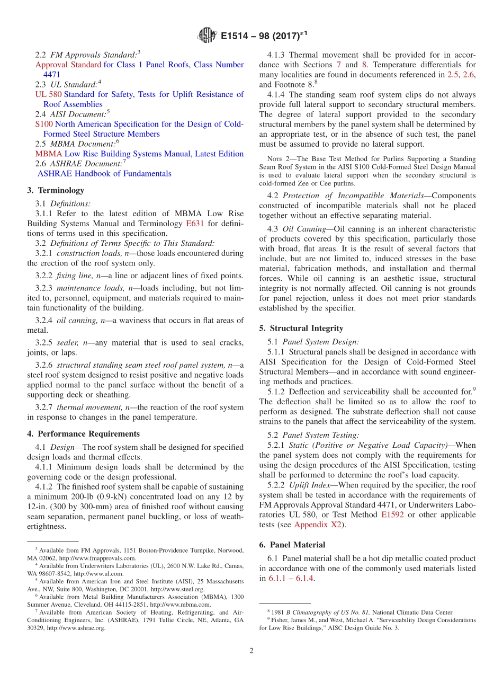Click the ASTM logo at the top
(207, 36)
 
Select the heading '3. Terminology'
(56, 190)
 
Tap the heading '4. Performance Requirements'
(84, 433)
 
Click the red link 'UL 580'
(48, 94)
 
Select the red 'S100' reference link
(44, 124)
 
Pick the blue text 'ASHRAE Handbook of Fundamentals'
(104, 173)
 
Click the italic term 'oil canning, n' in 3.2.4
(82, 320)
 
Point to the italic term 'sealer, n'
(74, 342)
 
